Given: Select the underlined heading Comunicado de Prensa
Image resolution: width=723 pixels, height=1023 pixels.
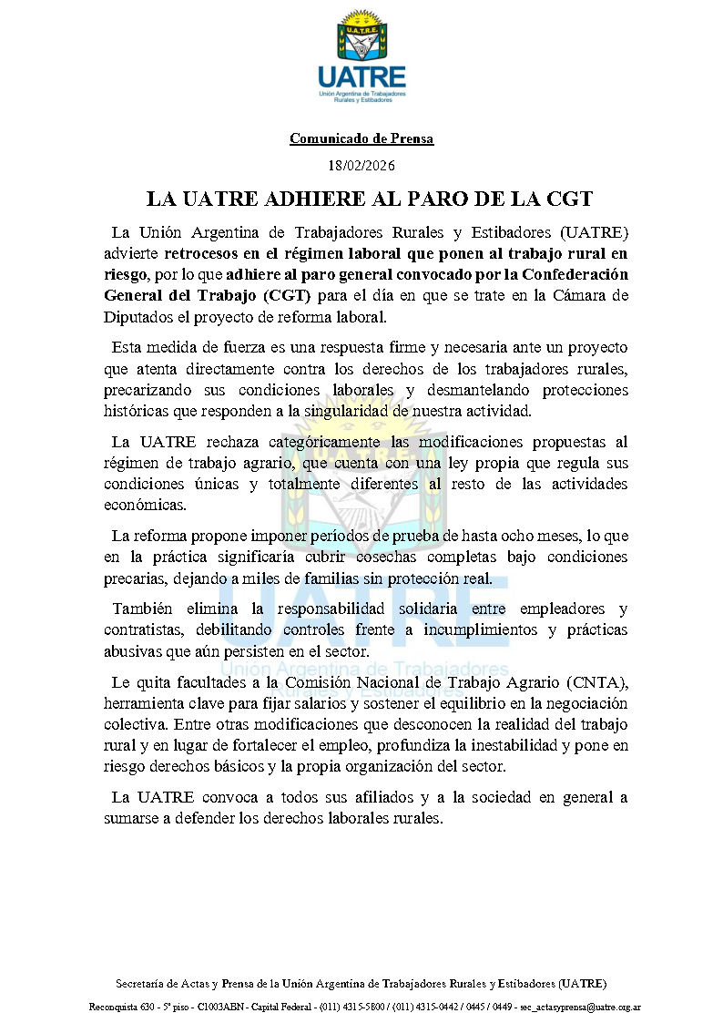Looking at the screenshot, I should click(x=361, y=138).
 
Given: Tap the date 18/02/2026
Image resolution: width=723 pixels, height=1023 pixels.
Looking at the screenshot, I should click(x=361, y=165).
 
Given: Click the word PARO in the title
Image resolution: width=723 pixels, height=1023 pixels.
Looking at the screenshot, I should click(x=435, y=199).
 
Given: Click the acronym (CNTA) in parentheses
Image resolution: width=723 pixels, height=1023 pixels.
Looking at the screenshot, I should click(x=595, y=682).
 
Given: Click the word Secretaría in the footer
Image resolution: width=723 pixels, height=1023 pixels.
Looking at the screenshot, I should click(x=141, y=984).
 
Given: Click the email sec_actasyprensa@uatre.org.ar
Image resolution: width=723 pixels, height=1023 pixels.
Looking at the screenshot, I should click(x=580, y=1008).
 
